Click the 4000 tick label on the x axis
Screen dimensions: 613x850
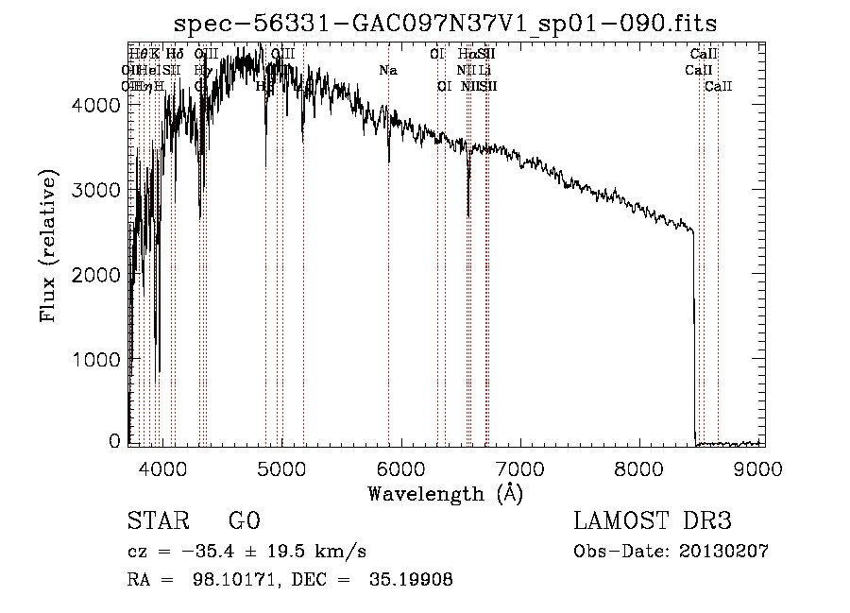(x=162, y=468)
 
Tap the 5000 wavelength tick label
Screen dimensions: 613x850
(x=281, y=468)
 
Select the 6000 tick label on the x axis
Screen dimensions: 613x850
(x=401, y=468)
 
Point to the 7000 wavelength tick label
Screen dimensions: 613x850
(x=521, y=468)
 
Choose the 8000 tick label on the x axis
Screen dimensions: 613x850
(x=641, y=468)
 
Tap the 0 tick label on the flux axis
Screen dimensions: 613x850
(x=113, y=440)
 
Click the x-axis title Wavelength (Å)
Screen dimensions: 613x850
(x=445, y=493)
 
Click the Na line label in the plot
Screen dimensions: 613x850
(x=388, y=71)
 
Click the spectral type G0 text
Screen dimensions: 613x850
(x=244, y=521)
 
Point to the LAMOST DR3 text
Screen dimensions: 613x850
(x=653, y=521)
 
